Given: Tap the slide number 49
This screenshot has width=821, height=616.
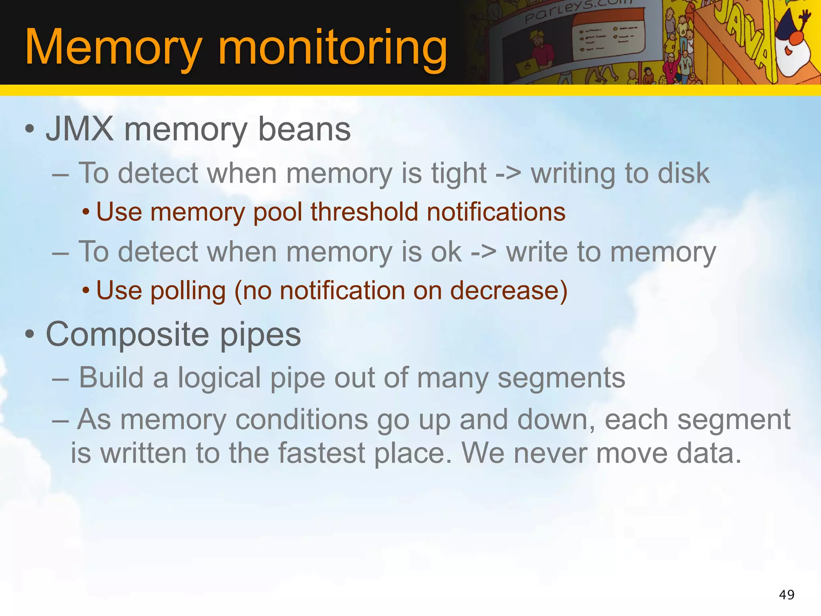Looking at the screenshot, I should pos(787,594).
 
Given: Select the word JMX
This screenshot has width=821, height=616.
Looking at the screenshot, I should pos(80,129).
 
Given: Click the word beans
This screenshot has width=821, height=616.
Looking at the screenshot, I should pos(304,129).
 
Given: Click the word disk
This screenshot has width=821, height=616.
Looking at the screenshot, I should pos(683,173).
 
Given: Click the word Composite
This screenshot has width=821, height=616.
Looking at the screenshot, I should pos(127,334).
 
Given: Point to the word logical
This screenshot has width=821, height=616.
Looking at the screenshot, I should pos(219,378).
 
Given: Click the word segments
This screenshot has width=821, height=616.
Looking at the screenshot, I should pos(561,378).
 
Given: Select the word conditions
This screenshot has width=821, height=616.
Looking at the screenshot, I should pos(301,419).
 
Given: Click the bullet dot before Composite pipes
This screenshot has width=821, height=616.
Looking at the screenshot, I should pos(29,334).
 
